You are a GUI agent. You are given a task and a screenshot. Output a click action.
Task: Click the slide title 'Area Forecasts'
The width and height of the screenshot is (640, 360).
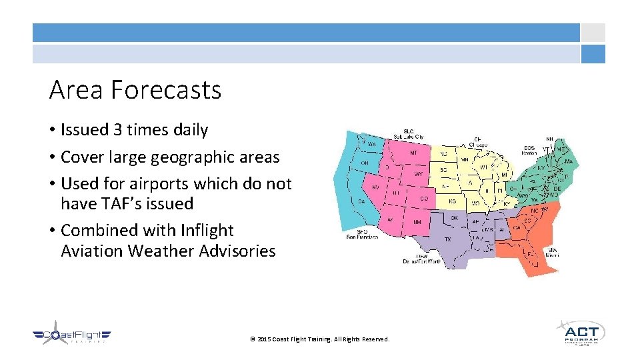[x=135, y=89]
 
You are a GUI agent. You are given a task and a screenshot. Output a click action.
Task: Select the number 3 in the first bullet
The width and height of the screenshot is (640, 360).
[x=118, y=130]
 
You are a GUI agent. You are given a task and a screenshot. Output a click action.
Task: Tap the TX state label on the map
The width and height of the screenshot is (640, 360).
[x=447, y=239]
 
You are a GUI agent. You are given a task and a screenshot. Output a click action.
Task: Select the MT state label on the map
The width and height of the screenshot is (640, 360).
[x=413, y=153]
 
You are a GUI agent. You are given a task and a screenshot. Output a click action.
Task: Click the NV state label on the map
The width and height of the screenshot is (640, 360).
[x=375, y=187]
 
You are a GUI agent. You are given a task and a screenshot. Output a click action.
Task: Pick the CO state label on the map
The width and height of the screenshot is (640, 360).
[x=424, y=198]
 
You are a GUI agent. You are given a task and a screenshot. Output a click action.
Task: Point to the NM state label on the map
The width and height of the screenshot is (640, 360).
[x=417, y=221]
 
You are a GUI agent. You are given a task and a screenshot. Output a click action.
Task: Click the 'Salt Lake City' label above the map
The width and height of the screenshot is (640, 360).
[x=408, y=133]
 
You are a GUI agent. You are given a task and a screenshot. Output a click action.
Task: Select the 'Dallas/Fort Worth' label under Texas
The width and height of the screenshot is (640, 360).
[x=421, y=259]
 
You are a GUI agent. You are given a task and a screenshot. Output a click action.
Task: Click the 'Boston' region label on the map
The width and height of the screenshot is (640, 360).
[x=529, y=151]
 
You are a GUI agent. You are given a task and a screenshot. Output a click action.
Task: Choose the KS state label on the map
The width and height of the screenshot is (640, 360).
[x=453, y=201]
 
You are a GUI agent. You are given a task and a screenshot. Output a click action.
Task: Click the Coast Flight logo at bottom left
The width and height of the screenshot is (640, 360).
[x=72, y=337]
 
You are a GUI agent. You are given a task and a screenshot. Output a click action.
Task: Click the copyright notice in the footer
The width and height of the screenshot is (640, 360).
[x=319, y=339]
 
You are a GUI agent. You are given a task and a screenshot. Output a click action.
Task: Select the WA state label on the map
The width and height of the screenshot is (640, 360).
[x=371, y=144]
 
